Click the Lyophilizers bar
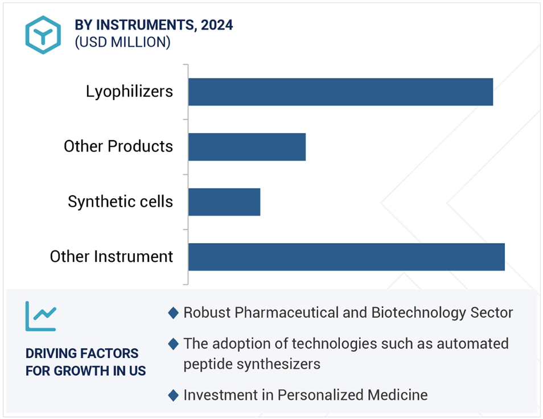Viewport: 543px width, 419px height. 340,92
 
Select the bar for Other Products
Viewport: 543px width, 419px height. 247,147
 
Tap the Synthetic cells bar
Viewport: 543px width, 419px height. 224,202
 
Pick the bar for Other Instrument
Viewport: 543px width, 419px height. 346,257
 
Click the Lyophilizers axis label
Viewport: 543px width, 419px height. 129,92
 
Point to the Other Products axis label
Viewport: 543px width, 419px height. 118,146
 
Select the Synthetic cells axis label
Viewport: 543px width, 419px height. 120,202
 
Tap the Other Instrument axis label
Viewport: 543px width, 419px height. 111,257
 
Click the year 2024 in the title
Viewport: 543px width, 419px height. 217,25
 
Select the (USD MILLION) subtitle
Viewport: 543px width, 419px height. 122,42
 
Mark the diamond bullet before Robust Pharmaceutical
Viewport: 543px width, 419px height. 173,313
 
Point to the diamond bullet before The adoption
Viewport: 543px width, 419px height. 173,344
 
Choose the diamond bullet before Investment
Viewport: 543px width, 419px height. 173,395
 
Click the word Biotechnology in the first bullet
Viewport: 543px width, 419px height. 418,313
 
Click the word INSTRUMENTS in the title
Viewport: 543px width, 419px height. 145,25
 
